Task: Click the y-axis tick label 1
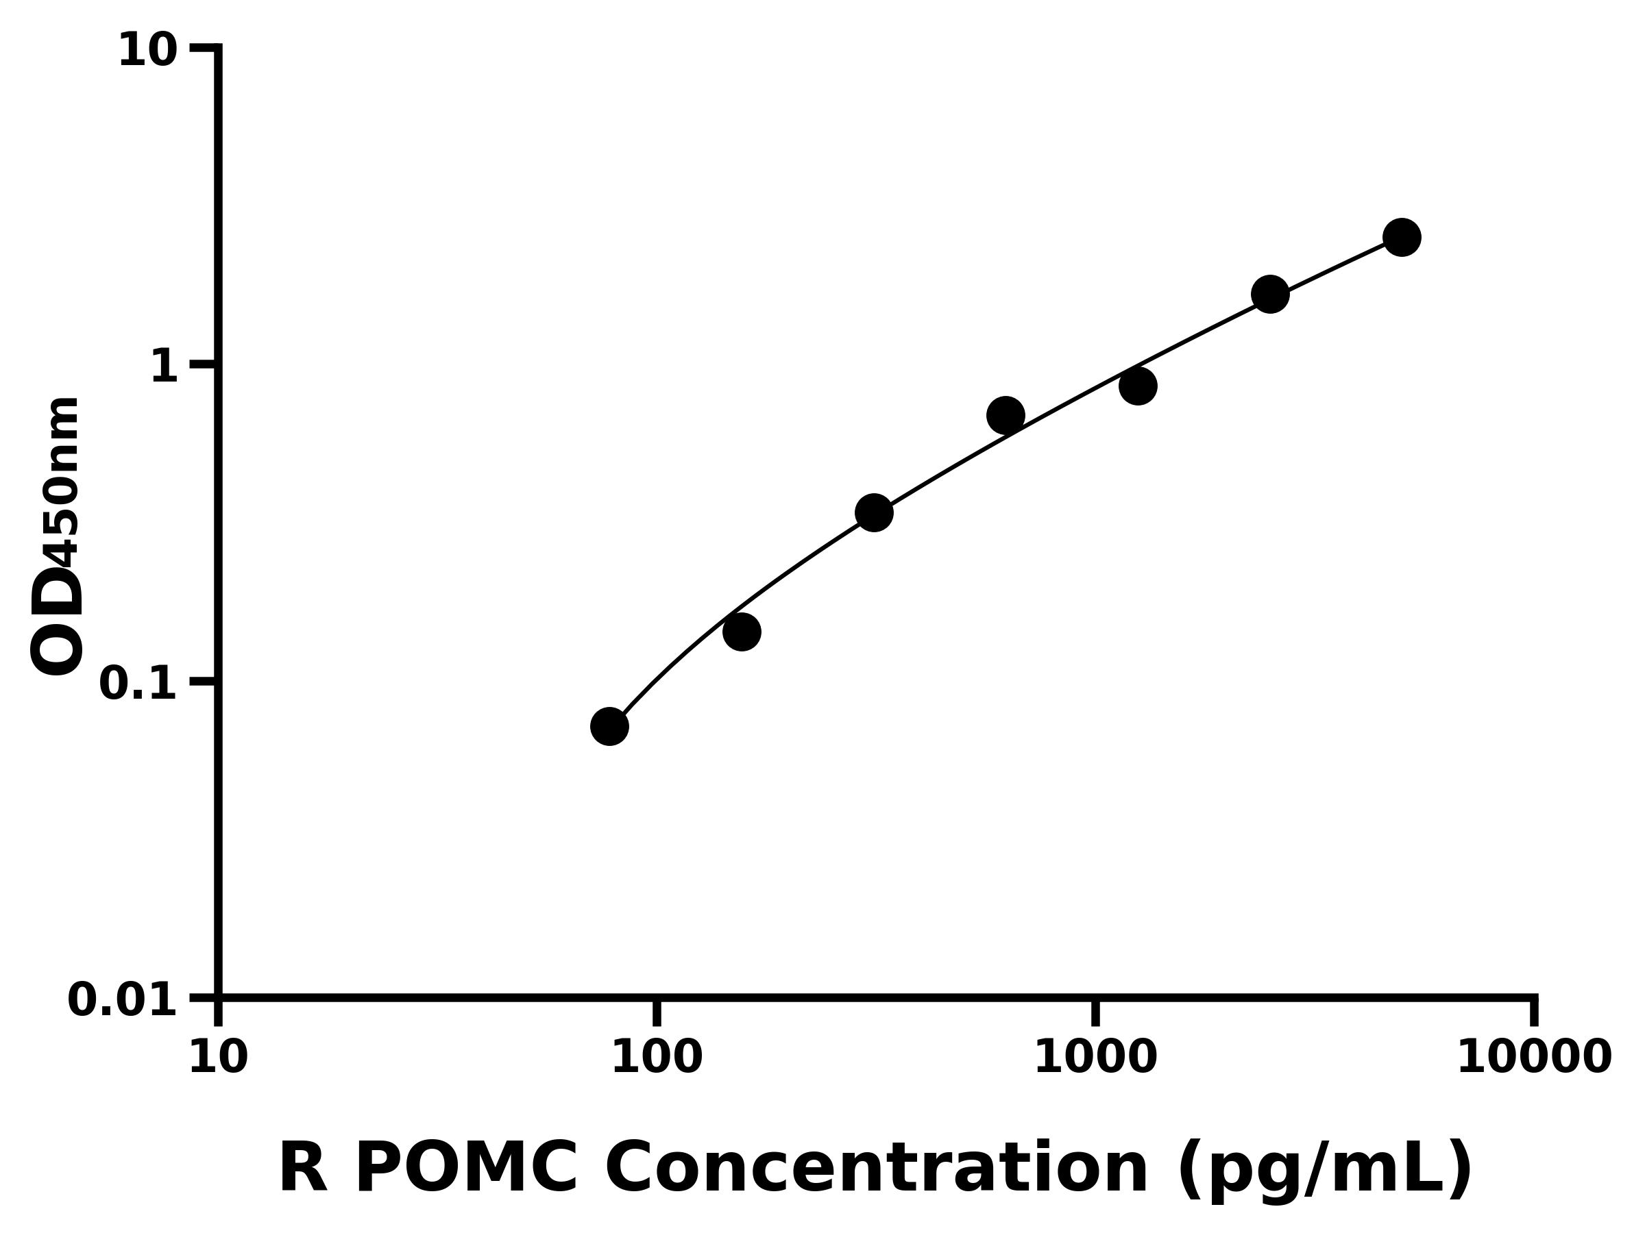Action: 164,367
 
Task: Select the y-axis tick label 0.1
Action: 138,684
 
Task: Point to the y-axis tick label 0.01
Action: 123,1000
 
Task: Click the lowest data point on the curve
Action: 610,726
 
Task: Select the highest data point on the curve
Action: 1402,238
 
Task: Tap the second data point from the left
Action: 742,632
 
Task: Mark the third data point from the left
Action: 874,513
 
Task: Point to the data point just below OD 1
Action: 1138,386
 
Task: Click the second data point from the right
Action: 1270,295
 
